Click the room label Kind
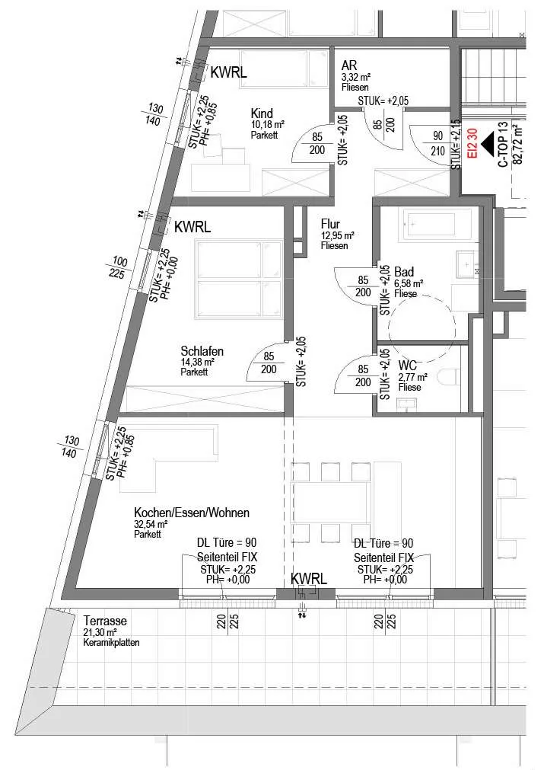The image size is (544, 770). click(262, 113)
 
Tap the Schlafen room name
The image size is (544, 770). click(202, 351)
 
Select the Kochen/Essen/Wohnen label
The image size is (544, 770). click(191, 513)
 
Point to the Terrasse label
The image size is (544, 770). click(105, 621)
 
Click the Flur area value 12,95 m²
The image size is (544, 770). click(338, 235)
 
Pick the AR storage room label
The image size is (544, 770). click(349, 65)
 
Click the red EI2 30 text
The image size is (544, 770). click(472, 143)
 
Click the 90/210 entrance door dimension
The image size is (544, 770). click(437, 143)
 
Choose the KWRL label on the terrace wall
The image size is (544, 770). click(309, 579)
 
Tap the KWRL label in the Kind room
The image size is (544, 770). click(228, 72)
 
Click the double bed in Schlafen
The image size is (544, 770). click(240, 279)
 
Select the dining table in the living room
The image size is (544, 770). click(331, 503)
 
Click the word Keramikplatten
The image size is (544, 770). click(111, 642)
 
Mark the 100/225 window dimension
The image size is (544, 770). click(119, 267)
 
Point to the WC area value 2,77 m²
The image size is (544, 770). click(412, 378)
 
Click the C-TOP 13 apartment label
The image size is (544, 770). click(503, 145)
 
